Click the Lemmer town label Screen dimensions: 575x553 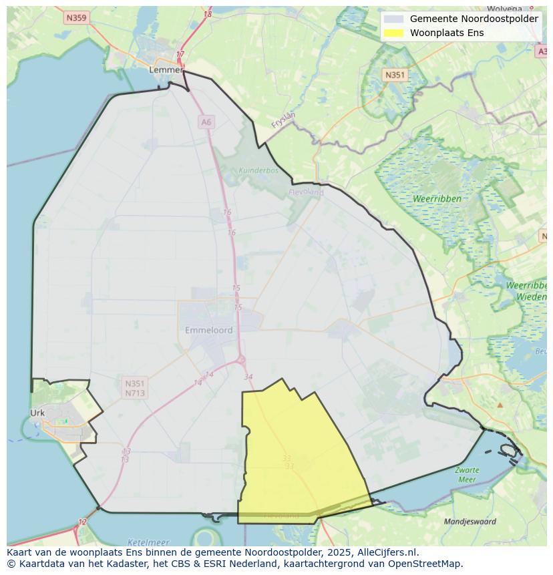pos(165,69)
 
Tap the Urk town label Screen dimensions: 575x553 pos(37,413)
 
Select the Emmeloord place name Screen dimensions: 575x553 pos(208,330)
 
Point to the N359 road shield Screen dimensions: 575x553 pos(77,18)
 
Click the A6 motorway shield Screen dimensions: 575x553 pos(206,122)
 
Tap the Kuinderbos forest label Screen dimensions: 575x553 pos(258,170)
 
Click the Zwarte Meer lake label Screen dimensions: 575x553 pos(467,475)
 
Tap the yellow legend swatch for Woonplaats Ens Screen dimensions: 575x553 pos(394,33)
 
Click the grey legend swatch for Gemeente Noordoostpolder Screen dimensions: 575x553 pos(394,19)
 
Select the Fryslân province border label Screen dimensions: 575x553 pos(283,120)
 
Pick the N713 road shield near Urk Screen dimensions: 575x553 pos(135,393)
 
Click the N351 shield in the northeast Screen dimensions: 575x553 pos(395,75)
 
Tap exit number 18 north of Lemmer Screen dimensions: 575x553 pos(208,14)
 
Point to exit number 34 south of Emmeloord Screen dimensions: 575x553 pos(248,377)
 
